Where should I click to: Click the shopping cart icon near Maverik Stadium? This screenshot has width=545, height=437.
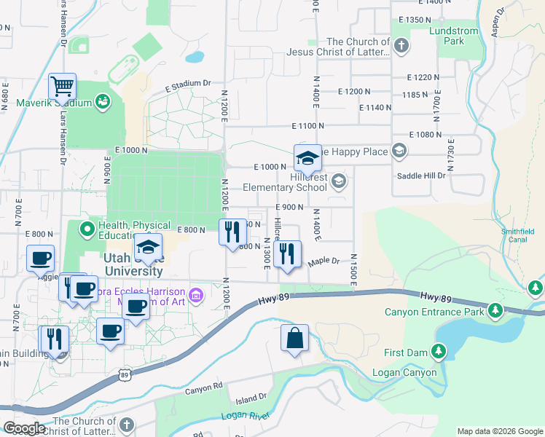(63, 87)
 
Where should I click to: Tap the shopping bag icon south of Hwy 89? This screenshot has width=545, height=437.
(294, 339)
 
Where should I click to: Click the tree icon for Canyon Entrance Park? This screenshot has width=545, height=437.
(495, 312)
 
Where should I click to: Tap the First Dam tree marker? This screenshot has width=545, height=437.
(438, 353)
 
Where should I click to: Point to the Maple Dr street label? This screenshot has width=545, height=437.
(324, 261)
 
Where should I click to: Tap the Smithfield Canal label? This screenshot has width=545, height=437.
(517, 236)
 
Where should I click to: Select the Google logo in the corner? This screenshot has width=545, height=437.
(24, 428)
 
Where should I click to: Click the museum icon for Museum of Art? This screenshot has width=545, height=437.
(195, 295)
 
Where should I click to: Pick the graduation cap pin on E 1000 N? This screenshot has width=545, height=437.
(307, 157)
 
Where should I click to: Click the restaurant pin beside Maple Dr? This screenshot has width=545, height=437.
(288, 255)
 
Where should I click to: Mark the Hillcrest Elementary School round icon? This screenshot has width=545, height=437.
(338, 181)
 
